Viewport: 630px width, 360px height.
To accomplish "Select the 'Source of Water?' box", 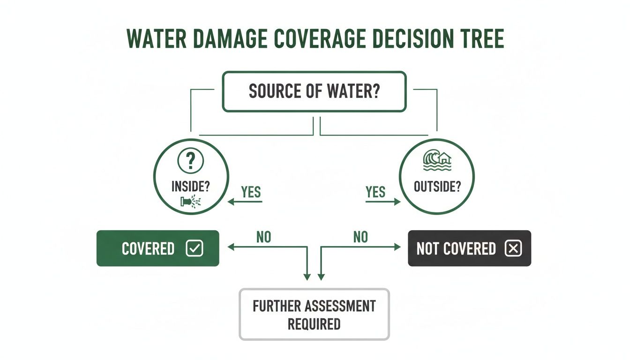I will click(314, 91).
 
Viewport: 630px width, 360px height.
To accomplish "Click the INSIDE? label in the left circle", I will click(190, 187).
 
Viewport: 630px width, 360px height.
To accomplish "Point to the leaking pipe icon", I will click(190, 202).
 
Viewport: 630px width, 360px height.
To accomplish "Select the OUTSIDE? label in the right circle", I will click(437, 186).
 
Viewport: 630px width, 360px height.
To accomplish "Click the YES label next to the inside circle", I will click(251, 192).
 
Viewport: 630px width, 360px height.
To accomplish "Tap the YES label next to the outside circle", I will click(375, 192).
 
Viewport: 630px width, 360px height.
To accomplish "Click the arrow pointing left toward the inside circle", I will click(245, 202).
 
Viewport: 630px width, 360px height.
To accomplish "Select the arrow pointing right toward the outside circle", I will click(383, 202).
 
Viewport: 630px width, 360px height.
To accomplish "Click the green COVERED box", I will click(157, 248).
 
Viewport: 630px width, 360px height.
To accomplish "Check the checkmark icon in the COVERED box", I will click(194, 248).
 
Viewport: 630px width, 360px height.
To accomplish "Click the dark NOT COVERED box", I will click(469, 248).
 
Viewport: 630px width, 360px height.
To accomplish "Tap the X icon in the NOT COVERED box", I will click(513, 248).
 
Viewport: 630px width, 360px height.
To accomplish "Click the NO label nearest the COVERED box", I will click(263, 237).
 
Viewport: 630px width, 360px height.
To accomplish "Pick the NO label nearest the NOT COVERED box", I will click(360, 237).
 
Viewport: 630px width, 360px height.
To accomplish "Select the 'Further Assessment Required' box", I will click(314, 315).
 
